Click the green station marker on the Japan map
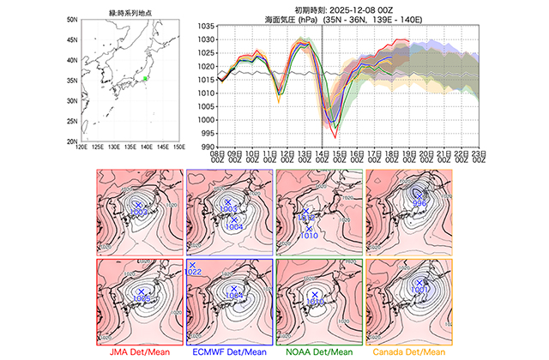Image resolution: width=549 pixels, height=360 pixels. pos(146,79)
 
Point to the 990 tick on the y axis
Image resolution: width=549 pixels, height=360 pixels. pos(208,147)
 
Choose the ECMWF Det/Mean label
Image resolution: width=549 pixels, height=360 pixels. pos(229,352)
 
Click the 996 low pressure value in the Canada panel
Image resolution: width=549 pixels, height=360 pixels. pos(420,202)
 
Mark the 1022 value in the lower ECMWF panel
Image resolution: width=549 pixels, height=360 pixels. pos(193,272)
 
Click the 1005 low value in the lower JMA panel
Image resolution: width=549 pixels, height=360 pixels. pos(142,297)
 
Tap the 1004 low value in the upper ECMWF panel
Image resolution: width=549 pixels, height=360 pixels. pos(233,227)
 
